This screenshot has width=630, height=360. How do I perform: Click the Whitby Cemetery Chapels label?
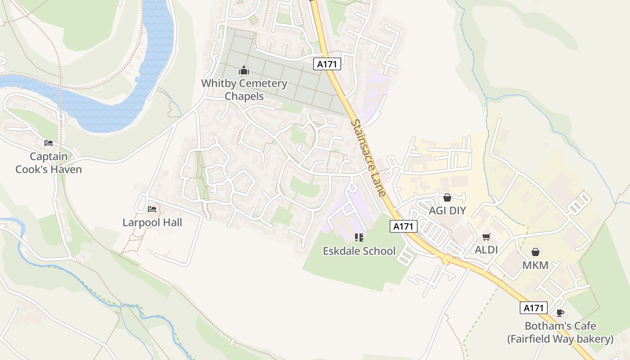pos(244,90)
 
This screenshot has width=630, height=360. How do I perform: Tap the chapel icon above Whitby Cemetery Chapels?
pos(244,70)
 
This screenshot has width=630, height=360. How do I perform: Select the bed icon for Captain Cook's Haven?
pos(49,143)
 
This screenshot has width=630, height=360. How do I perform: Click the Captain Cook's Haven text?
pos(49,163)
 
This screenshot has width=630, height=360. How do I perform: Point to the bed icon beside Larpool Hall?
pos(152,209)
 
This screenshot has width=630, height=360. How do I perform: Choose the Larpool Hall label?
pos(152,222)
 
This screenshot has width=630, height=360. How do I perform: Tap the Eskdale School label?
pos(359,251)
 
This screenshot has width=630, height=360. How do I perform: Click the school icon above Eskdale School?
pos(359,237)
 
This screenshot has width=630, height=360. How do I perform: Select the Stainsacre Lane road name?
pos(369,158)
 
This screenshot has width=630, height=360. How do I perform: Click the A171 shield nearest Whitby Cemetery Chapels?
pos(327,64)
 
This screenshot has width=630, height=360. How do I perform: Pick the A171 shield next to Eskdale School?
pos(403,226)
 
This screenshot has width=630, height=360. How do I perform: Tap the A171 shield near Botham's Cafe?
pos(534,308)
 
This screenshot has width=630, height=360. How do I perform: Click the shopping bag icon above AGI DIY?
pos(447,198)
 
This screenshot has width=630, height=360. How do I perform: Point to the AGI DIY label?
pos(447,211)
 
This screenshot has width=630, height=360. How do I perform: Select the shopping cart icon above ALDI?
pos(486,237)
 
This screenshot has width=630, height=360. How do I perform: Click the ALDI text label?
pos(486,250)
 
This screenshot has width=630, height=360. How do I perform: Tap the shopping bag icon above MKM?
pos(535,252)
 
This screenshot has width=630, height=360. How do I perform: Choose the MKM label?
pos(535,265)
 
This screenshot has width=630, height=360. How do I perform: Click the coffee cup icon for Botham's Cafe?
pos(560,313)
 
